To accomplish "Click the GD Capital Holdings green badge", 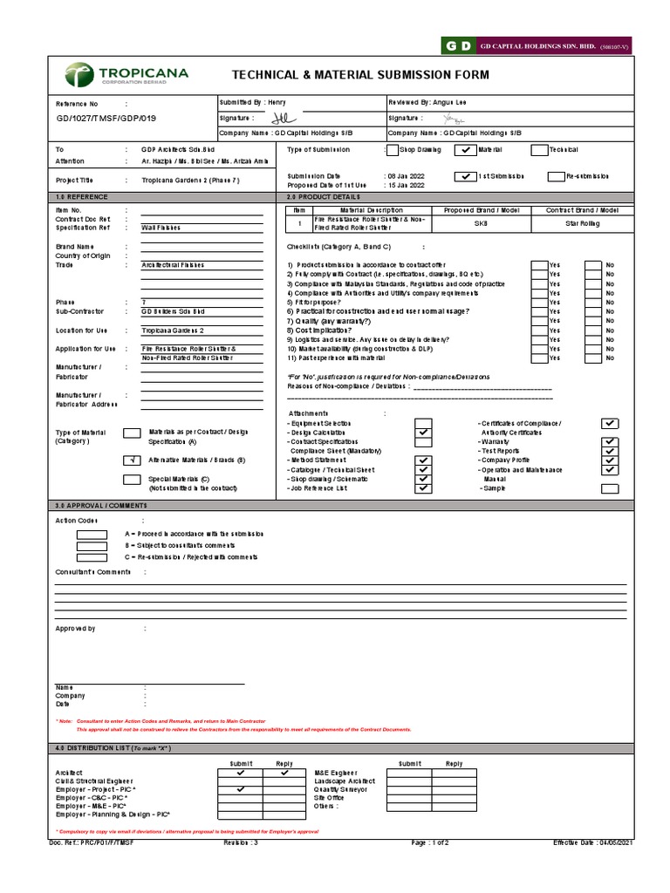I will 459,44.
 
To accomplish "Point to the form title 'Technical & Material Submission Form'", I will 359,75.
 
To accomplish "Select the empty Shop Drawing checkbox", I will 393,150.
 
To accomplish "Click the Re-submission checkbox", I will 556,176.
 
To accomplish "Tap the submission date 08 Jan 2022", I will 406,175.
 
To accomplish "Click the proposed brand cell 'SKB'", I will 482,223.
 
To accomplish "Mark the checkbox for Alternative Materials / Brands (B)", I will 132,460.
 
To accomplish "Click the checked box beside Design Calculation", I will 424,433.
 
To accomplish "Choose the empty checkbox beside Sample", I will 611,488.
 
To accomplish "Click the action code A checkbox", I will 92,534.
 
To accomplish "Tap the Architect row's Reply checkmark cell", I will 284,772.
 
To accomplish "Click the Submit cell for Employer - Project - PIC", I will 240,789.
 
